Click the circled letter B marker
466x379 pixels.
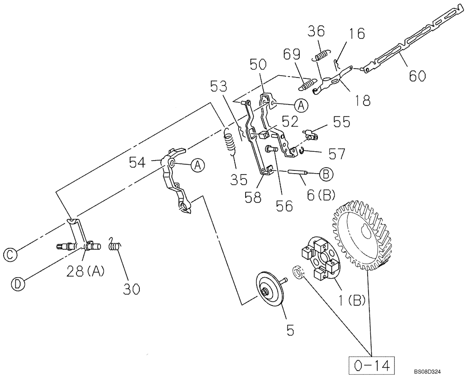(x=325, y=174)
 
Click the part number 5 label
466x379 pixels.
(x=290, y=330)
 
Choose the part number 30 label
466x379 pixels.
(x=131, y=289)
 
